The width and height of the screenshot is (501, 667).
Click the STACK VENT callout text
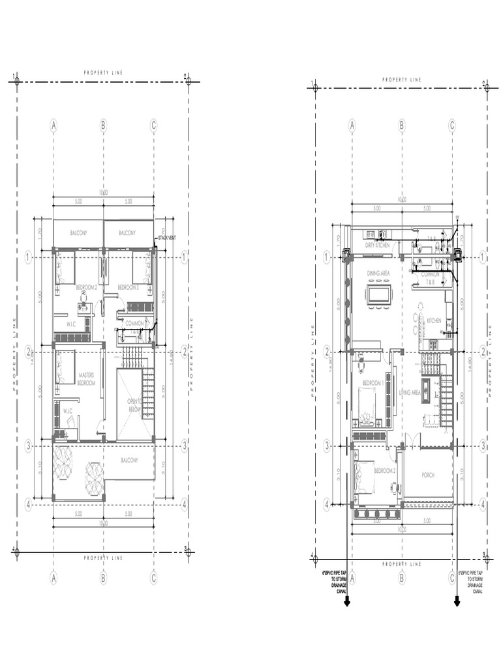pos(166,238)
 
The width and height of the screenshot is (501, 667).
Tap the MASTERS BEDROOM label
pos(87,379)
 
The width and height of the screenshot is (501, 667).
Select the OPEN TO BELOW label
pos(134,405)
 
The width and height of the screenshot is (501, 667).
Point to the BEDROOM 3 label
pos(128,287)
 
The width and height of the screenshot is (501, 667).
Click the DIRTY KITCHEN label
pos(378,246)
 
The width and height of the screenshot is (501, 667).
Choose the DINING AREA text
pos(378,274)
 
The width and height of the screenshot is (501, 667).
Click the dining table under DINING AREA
pos(379,294)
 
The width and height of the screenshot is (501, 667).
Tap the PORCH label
pos(428,475)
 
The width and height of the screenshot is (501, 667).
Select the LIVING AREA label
pos(410,393)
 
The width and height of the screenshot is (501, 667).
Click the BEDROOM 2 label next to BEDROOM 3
pos(86,287)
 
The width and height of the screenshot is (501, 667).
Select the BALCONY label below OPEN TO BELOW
pos(129,461)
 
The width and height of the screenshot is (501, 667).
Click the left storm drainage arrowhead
pos(347,603)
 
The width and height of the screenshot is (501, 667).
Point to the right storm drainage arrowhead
pos(457,603)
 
